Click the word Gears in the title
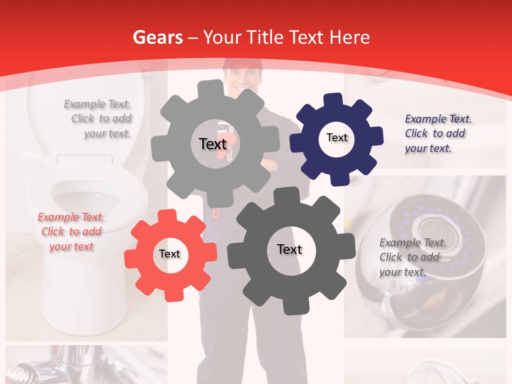(155, 37)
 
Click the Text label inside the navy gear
(337, 138)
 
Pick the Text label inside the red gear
(170, 254)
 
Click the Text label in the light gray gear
(213, 144)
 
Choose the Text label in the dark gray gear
(290, 249)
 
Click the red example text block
(71, 232)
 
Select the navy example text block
(435, 133)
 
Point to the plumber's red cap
(243, 65)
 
